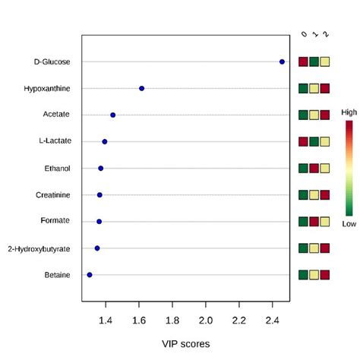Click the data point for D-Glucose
click(283, 62)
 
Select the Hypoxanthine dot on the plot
click(142, 88)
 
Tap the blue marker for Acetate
click(113, 115)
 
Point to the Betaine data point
click(90, 274)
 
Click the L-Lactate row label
click(54, 141)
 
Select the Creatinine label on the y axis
click(53, 194)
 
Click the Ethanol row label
click(56, 168)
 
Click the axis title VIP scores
click(185, 343)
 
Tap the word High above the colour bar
click(349, 112)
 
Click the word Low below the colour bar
click(349, 224)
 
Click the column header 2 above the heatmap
click(326, 34)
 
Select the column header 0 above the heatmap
click(304, 34)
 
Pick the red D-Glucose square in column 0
click(304, 62)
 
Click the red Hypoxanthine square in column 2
click(325, 88)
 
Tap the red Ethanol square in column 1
click(314, 168)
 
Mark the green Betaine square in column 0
click(304, 274)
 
